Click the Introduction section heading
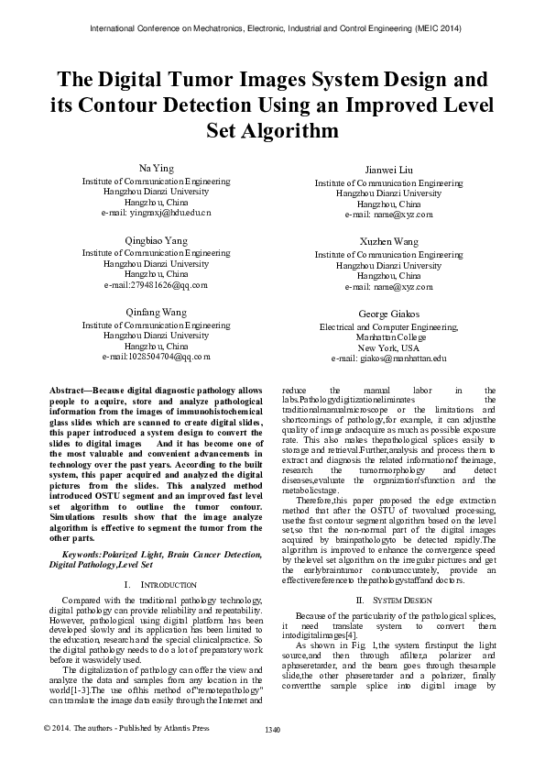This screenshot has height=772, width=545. [x=163, y=583]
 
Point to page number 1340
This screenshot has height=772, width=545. [x=271, y=755]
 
